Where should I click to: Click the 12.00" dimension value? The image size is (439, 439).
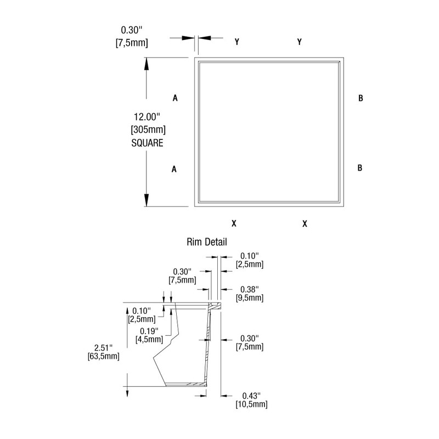click(146, 116)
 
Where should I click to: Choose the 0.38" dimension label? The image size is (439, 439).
click(250, 289)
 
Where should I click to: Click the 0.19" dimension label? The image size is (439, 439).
click(149, 331)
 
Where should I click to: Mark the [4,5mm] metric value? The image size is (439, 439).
click(149, 339)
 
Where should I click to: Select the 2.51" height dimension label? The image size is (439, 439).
click(103, 348)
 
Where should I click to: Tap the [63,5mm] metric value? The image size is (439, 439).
click(103, 357)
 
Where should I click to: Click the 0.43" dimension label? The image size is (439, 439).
click(250, 396)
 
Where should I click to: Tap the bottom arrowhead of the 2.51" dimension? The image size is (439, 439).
click(127, 391)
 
